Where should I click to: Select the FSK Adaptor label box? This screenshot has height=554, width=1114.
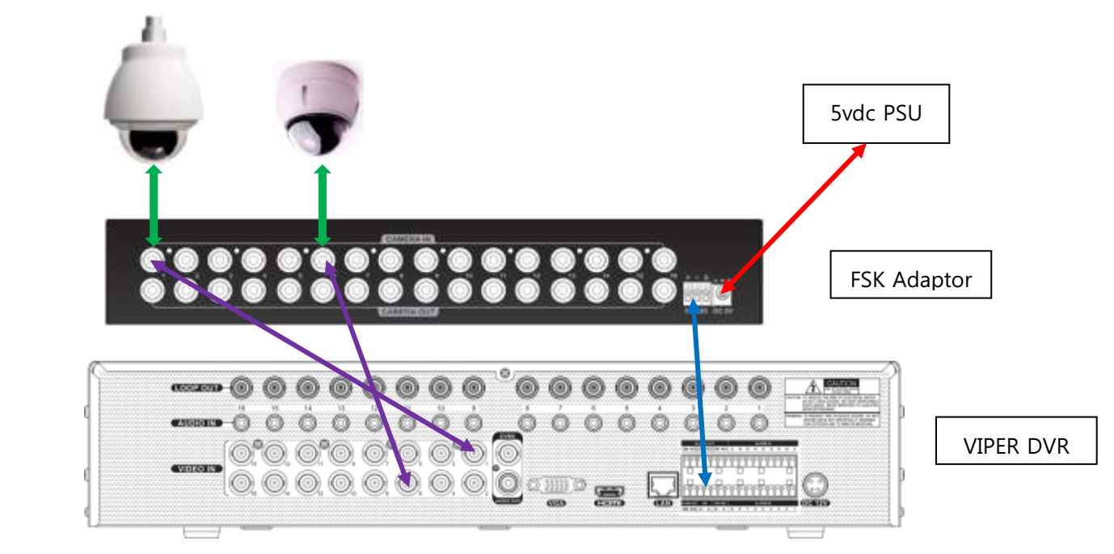tap(910, 280)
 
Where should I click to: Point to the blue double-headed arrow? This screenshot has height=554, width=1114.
tap(700, 396)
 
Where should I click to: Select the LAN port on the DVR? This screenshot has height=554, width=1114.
tap(659, 484)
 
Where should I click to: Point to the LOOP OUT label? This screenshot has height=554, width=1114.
tap(197, 388)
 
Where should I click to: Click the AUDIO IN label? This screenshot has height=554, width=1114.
tap(196, 422)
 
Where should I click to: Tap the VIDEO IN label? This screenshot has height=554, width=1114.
tap(196, 468)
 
